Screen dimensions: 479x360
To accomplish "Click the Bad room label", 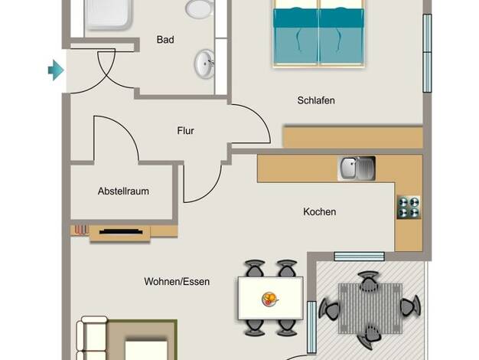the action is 165,40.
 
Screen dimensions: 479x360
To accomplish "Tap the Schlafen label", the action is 316,100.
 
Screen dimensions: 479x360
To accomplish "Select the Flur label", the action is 185,131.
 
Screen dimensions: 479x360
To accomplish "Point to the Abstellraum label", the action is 123,191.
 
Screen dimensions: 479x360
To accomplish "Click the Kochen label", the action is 320,211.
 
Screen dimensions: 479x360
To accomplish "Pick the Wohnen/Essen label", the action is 177,281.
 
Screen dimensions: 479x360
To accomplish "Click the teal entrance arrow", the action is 56,70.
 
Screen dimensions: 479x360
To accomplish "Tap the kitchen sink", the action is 357,169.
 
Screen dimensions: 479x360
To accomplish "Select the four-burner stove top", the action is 409,207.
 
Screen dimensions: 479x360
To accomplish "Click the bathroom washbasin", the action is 204,64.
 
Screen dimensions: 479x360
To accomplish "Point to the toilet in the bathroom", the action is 200,8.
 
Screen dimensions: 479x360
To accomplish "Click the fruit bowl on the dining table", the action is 270,299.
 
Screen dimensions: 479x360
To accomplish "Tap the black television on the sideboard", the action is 121,231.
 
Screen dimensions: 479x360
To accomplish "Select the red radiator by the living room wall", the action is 81,230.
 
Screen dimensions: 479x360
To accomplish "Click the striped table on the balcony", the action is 370,308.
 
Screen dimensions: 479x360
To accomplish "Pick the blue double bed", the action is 319,33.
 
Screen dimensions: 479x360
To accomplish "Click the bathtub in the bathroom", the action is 109,15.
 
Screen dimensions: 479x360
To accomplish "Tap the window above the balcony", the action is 360,257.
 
